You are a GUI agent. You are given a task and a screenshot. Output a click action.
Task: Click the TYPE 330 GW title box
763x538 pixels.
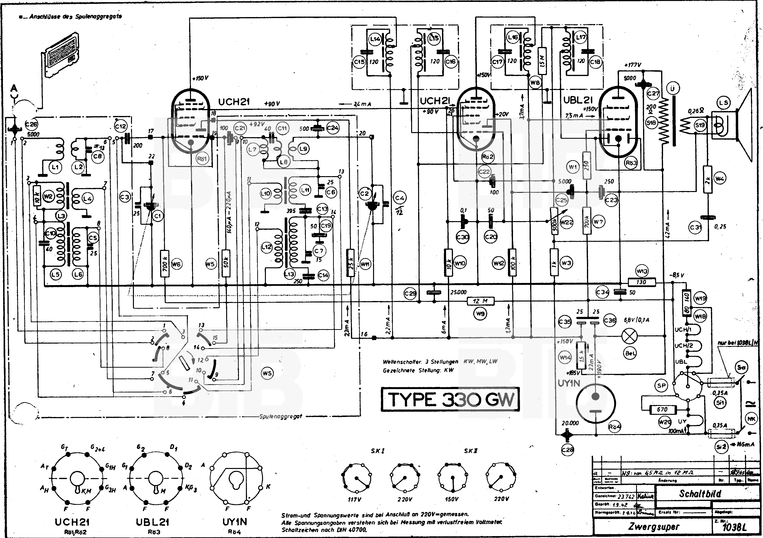450,399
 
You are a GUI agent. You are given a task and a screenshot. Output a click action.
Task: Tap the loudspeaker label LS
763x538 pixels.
724,103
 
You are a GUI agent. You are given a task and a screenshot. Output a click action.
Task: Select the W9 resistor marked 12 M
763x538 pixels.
480,301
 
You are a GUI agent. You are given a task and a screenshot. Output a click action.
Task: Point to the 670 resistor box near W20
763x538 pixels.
662,410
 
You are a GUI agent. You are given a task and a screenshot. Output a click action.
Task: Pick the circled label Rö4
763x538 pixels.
614,427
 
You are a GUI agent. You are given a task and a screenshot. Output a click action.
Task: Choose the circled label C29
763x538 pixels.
410,293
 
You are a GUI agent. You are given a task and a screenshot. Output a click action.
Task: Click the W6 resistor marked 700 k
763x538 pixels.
165,264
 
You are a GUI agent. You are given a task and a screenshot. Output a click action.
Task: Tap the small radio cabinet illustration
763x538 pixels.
62,55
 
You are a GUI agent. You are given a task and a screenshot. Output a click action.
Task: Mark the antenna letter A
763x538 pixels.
14,88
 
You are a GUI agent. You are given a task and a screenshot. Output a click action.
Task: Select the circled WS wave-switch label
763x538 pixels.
267,373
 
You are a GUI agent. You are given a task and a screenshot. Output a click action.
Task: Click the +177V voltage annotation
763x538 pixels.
633,65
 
